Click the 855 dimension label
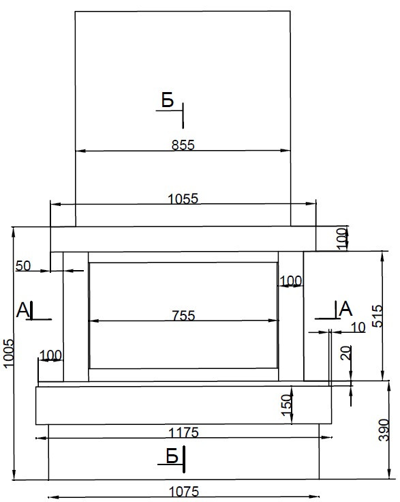(183, 145)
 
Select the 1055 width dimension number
(183, 198)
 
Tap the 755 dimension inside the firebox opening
(183, 316)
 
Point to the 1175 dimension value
(183, 432)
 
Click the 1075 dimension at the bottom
(183, 491)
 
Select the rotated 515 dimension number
(378, 316)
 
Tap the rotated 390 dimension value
(384, 430)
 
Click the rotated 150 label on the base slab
(287, 405)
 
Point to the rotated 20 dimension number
(346, 353)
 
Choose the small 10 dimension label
(358, 327)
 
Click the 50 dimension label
(23, 266)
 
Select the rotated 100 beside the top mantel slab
(341, 239)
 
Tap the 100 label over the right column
(291, 281)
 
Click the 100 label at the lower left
(50, 355)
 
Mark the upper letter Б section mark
(168, 100)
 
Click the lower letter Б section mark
(172, 456)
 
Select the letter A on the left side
(22, 310)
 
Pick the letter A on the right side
(345, 308)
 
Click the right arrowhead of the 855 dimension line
(286, 151)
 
